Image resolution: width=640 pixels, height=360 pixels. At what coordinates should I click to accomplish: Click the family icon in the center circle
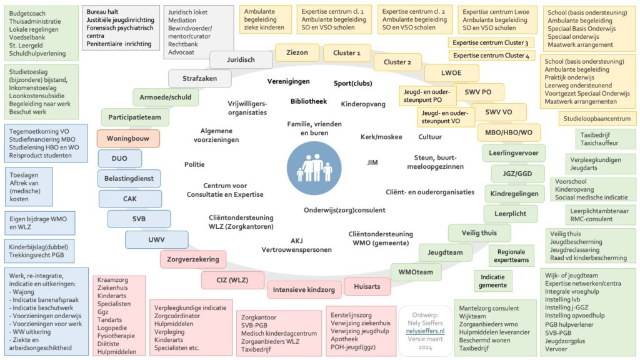click(314, 167)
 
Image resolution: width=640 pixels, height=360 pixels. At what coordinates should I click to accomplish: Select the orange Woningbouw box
click(128, 138)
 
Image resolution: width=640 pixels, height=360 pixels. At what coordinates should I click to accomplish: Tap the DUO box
click(119, 158)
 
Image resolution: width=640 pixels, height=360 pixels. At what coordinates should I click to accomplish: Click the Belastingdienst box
click(129, 178)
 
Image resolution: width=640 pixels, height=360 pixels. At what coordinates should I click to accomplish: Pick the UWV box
click(157, 239)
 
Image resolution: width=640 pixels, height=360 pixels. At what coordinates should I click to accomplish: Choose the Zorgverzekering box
click(193, 259)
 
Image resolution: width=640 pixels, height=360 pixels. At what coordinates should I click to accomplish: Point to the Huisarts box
click(367, 286)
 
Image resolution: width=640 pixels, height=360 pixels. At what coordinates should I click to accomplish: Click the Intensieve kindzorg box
click(304, 290)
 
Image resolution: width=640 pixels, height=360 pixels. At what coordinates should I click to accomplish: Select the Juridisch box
click(241, 59)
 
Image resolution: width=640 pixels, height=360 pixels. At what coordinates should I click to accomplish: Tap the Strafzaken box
click(199, 78)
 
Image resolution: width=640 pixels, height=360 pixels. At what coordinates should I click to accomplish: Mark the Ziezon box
click(297, 52)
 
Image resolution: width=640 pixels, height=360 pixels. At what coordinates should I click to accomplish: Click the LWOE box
click(451, 73)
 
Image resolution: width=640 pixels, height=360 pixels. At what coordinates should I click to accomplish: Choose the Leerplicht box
click(510, 214)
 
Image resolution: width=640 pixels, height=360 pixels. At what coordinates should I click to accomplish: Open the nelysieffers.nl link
click(425, 331)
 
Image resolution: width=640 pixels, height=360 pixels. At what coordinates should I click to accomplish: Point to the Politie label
click(194, 164)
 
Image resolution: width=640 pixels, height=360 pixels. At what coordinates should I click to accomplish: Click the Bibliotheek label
click(309, 101)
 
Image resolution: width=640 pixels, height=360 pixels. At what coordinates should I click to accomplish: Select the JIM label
click(372, 162)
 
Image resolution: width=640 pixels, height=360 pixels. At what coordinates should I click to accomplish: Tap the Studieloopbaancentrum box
click(597, 119)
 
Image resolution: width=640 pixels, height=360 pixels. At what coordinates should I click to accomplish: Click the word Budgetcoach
click(27, 14)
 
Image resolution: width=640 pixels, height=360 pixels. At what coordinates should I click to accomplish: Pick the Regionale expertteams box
click(511, 256)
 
